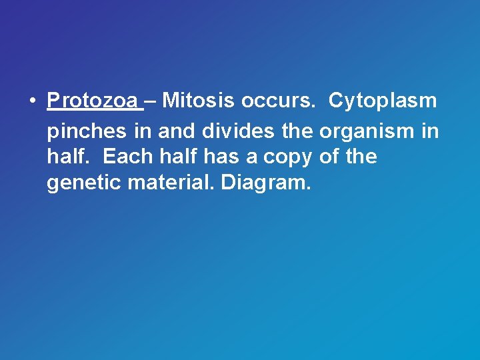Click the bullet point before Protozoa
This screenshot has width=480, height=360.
(32, 102)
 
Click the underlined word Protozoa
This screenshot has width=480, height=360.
(92, 101)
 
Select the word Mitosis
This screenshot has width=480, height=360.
(199, 101)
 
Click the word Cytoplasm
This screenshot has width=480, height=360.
(383, 102)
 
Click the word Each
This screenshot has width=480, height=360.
(128, 157)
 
